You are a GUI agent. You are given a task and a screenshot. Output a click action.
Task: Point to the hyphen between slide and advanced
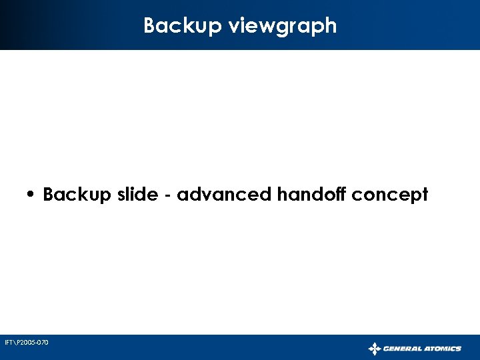click(x=164, y=196)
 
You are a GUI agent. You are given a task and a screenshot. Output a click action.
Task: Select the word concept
click(x=390, y=196)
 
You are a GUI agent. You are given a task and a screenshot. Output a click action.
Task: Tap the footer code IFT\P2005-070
click(x=26, y=343)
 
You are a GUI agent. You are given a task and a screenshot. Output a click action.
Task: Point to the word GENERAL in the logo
click(x=402, y=348)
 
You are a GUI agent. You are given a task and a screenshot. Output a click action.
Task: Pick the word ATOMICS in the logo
click(x=442, y=348)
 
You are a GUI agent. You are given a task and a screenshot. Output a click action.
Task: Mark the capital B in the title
click(x=150, y=26)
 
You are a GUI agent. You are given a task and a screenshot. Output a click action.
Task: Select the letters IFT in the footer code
click(x=8, y=343)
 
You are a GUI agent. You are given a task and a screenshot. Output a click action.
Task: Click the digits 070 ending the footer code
click(x=43, y=343)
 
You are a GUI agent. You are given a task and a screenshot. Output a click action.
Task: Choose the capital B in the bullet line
click(x=49, y=195)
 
